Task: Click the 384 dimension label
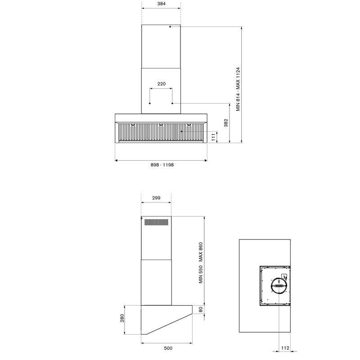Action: pos(161,4)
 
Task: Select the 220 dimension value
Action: pos(161,84)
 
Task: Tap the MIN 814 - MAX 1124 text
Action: pos(239,89)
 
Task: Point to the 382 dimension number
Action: pos(226,123)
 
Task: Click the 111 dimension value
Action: pos(214,137)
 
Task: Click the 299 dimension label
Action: pos(156,198)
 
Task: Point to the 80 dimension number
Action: pos(201,310)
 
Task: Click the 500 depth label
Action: pos(168,348)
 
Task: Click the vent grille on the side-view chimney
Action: pos(156,221)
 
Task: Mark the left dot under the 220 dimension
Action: pos(150,103)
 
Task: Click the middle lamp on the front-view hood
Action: pos(161,125)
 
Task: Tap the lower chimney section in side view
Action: pos(156,282)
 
